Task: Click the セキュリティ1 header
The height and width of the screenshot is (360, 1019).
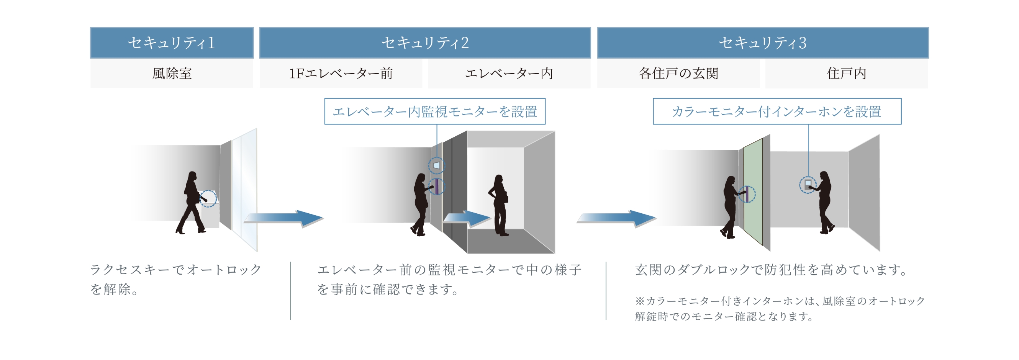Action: (x=172, y=43)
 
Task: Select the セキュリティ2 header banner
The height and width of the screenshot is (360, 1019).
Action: (x=425, y=43)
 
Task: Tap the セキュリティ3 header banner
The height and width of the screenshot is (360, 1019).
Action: (x=763, y=43)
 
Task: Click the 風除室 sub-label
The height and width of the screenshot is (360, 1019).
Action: (x=172, y=74)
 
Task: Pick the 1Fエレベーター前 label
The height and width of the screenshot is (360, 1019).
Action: (x=341, y=74)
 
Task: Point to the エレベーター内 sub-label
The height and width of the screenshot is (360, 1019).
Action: (x=509, y=74)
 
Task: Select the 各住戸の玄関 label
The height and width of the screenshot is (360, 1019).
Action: (x=678, y=74)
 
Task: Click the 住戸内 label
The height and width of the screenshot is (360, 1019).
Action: (x=847, y=74)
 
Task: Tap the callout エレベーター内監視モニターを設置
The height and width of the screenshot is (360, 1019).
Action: (x=435, y=111)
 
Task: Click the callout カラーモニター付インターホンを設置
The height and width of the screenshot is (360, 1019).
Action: (x=777, y=111)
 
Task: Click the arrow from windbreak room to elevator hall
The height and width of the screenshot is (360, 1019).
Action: (x=283, y=218)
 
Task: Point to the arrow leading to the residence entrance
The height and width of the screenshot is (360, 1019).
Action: (x=616, y=218)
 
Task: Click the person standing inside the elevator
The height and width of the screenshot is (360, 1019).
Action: (x=499, y=205)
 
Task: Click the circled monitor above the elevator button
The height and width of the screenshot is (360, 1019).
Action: (x=437, y=165)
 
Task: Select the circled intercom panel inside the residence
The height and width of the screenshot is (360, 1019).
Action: (x=808, y=185)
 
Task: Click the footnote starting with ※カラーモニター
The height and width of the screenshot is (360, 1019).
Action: (x=780, y=309)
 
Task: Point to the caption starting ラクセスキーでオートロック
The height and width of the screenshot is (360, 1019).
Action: (x=175, y=279)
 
